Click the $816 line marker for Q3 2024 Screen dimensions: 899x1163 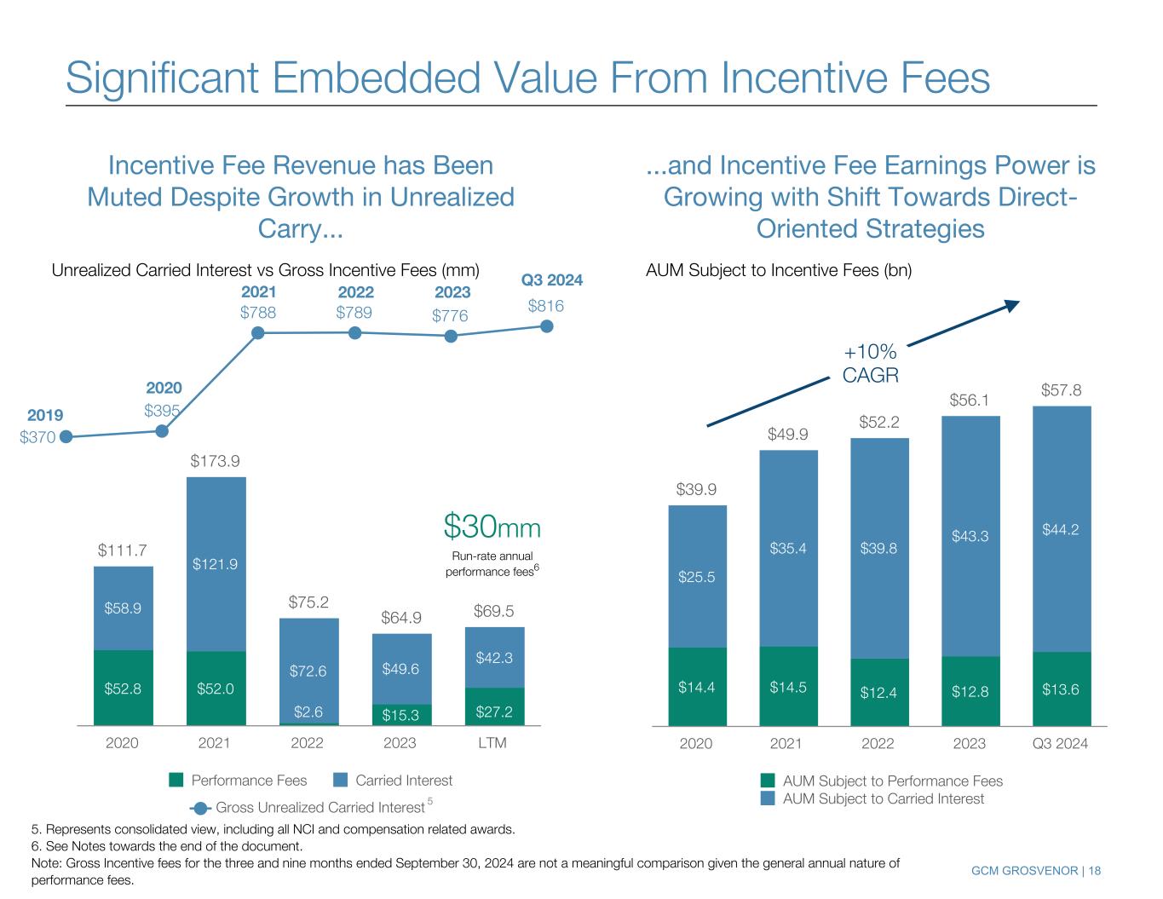click(548, 326)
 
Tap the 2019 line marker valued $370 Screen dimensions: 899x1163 click(66, 437)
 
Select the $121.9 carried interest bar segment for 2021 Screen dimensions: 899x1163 click(216, 564)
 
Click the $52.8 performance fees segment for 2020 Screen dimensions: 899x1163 click(124, 688)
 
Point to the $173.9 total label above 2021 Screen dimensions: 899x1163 click(215, 461)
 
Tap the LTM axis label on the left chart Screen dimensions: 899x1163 click(492, 743)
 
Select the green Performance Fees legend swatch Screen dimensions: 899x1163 click(176, 780)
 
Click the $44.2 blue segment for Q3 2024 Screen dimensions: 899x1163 click(1061, 528)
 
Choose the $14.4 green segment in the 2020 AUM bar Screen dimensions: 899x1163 click(697, 687)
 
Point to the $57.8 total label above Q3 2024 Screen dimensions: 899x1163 click(1061, 389)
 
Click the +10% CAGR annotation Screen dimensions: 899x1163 click(870, 364)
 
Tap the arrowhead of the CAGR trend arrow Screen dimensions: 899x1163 click(1012, 305)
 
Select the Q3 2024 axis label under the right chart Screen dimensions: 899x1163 click(1060, 743)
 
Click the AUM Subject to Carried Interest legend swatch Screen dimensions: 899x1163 click(768, 798)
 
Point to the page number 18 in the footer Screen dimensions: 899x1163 click(1094, 870)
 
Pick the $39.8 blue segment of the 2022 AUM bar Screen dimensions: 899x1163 click(878, 548)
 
